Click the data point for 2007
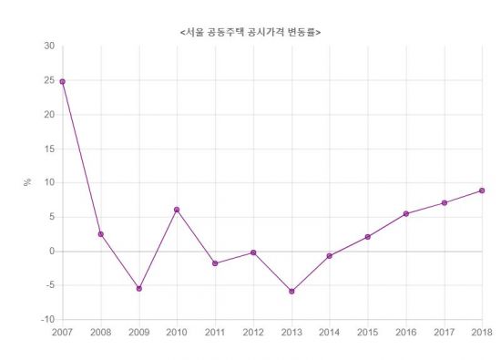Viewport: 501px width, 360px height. (x=63, y=82)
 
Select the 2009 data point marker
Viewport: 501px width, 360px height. (x=139, y=289)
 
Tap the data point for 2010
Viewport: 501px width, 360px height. (x=177, y=210)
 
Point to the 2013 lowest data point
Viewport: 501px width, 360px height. (x=291, y=292)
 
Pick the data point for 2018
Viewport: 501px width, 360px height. (x=482, y=190)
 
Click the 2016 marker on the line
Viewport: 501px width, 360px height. (x=406, y=214)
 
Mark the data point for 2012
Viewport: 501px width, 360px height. (x=253, y=252)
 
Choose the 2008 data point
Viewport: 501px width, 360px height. (x=101, y=234)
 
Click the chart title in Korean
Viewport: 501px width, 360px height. (x=250, y=32)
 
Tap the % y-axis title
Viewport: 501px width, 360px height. (x=27, y=182)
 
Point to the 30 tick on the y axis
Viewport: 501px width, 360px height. (x=49, y=46)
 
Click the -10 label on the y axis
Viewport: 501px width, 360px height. (x=48, y=319)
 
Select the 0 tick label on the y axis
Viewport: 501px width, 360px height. (x=52, y=252)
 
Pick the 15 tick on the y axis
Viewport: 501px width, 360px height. (x=49, y=149)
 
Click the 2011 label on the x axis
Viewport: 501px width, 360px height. (x=215, y=333)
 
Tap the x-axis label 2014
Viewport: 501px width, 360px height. (x=330, y=333)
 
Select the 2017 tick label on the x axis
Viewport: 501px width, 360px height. (x=444, y=333)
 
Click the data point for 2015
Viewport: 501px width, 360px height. (x=368, y=237)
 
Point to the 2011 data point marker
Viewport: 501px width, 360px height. (x=215, y=263)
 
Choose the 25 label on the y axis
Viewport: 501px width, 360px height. (x=49, y=80)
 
